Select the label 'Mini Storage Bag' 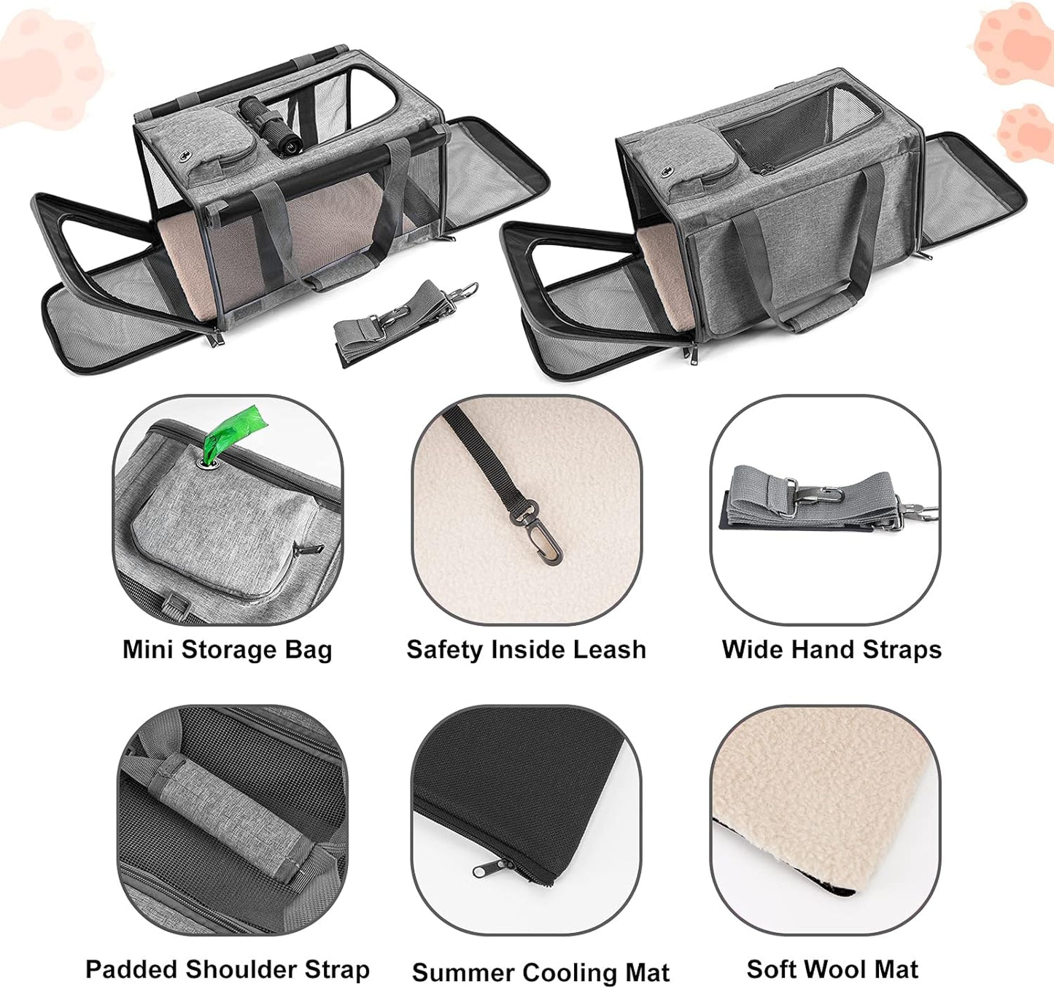(x=227, y=649)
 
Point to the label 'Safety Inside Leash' (x=526, y=649)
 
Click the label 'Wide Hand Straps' (x=831, y=649)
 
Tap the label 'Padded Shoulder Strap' (x=227, y=969)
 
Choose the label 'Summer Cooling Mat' (x=540, y=972)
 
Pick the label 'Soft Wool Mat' (x=832, y=969)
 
